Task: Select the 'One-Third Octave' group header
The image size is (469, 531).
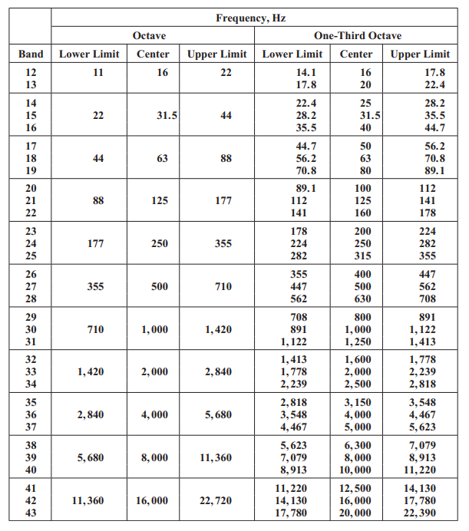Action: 357,36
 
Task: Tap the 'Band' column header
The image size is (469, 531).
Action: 31,54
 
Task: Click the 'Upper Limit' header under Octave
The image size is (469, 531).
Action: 217,54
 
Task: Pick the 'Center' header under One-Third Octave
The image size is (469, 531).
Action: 356,54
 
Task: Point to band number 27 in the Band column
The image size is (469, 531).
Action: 31,287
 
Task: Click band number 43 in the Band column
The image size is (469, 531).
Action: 31,514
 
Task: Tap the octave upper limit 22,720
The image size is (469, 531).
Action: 217,501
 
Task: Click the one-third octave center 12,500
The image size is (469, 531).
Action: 357,488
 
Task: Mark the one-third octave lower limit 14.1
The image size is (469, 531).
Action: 296,73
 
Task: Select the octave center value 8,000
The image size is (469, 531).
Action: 154,458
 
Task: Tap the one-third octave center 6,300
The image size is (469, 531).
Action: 357,445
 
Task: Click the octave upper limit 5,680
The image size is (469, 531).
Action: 217,415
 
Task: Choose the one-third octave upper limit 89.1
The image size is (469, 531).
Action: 424,171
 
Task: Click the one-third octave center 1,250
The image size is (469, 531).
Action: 357,342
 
